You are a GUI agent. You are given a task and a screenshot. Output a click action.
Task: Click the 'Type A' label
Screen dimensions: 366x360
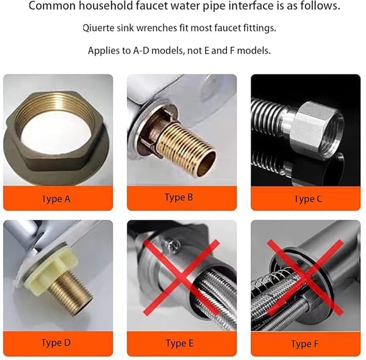tap(56, 199)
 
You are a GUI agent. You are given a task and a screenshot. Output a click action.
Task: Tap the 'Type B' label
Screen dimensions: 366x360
tap(179, 197)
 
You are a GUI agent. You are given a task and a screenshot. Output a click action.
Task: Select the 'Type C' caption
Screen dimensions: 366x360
tap(308, 199)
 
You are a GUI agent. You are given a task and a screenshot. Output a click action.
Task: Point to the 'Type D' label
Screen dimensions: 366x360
tap(56, 343)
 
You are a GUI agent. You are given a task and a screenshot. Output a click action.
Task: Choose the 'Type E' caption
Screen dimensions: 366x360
tap(179, 343)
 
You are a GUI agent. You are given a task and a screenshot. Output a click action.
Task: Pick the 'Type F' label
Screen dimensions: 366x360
tap(304, 344)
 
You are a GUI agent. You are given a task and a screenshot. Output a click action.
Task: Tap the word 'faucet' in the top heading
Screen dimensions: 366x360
tap(152, 6)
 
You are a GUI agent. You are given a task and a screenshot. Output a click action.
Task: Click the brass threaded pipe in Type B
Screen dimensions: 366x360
tap(185, 146)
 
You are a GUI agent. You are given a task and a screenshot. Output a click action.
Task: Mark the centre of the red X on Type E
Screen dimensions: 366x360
tap(181, 276)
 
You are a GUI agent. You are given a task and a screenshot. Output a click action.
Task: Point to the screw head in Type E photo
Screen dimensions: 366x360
tap(172, 245)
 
